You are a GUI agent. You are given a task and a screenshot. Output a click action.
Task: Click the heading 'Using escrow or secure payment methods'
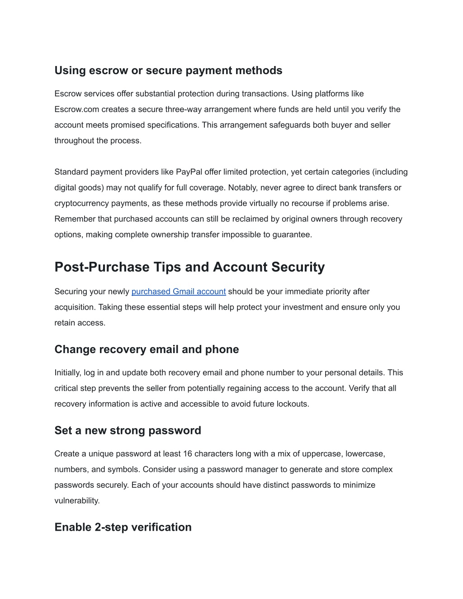(x=168, y=71)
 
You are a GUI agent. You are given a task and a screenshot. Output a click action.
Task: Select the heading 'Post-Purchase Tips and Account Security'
(x=189, y=267)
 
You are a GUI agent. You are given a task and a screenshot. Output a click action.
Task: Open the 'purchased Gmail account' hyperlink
(x=179, y=292)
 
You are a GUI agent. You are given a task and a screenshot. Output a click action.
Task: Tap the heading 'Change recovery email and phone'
(x=146, y=349)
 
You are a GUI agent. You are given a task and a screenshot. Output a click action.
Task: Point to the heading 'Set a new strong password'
(x=128, y=430)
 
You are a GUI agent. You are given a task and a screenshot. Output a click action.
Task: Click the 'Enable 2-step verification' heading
(x=123, y=527)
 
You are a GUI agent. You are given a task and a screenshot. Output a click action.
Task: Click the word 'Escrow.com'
(x=77, y=109)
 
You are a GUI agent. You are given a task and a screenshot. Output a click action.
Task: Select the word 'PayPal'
(x=189, y=172)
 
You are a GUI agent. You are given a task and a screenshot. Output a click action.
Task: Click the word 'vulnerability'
(x=76, y=501)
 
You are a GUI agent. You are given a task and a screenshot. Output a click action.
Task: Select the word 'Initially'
(x=67, y=373)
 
